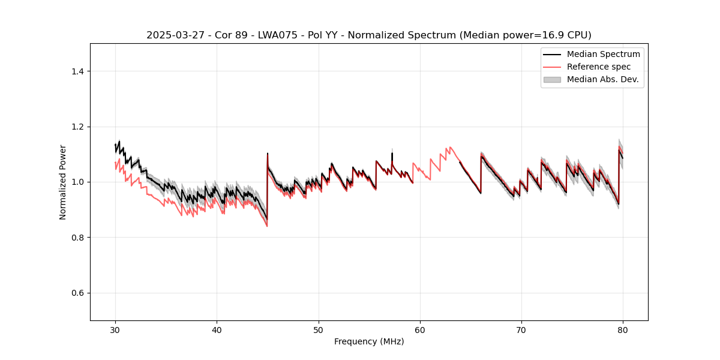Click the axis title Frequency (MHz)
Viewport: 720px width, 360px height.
[369, 341]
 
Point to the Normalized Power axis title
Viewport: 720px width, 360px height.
[63, 182]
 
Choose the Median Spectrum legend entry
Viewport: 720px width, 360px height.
[603, 55]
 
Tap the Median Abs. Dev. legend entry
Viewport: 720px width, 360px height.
[602, 79]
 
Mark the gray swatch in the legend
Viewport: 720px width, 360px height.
[551, 79]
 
